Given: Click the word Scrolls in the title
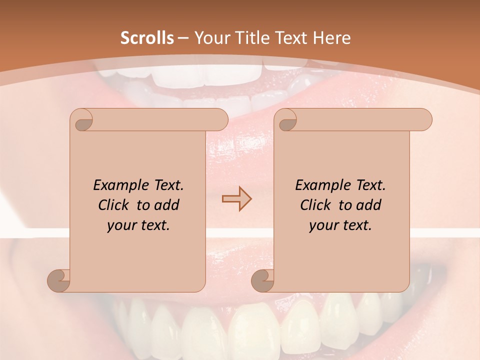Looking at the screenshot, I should [x=147, y=38].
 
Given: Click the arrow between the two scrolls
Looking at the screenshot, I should [x=236, y=199].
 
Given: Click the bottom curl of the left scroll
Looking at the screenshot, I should [x=59, y=280].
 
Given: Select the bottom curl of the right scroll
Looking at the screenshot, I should [x=263, y=280].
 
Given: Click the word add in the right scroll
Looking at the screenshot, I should [x=368, y=205].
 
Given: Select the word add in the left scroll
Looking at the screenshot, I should [x=166, y=205].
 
